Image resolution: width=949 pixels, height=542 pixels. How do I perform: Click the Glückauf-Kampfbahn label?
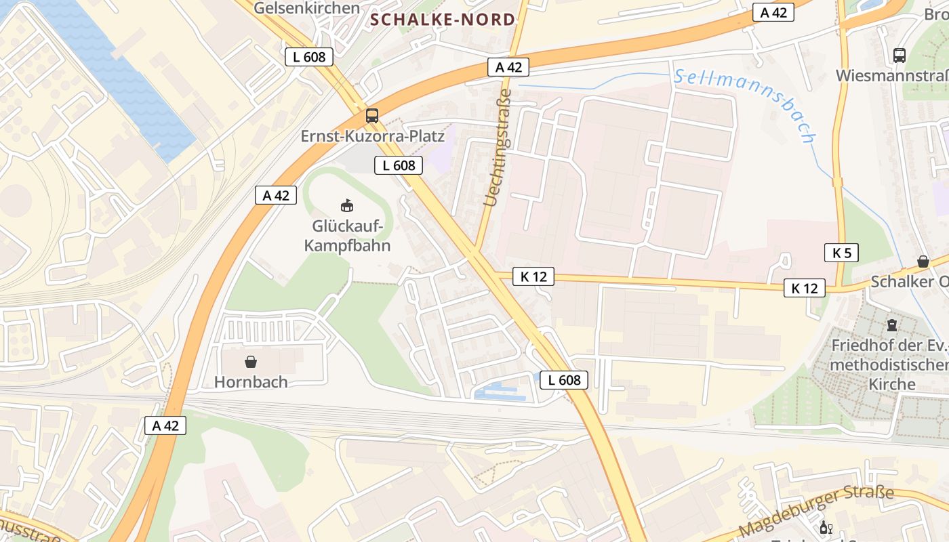tap(347, 235)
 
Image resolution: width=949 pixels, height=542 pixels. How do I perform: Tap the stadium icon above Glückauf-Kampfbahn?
tap(347, 205)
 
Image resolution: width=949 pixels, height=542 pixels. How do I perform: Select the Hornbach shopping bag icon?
tap(251, 362)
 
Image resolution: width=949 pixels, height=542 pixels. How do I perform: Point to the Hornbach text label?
tap(251, 381)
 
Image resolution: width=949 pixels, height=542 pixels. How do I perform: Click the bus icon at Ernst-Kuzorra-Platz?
tap(372, 115)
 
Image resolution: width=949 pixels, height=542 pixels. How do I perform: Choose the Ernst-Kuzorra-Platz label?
tap(372, 136)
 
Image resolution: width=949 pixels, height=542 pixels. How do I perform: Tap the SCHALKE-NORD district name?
tap(443, 20)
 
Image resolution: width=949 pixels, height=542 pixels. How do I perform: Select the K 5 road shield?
tap(841, 253)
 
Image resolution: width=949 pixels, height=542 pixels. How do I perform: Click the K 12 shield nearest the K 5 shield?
tap(805, 288)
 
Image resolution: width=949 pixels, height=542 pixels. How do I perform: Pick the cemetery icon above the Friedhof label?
tap(891, 326)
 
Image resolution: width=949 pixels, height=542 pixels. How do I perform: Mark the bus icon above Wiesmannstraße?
tap(900, 56)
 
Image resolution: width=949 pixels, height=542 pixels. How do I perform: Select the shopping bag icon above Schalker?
tap(923, 261)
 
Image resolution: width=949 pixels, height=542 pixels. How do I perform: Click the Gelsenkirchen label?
tap(306, 8)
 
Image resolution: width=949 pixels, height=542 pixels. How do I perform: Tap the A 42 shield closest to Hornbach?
tap(165, 425)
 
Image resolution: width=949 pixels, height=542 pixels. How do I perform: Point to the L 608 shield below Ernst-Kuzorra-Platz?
tap(399, 165)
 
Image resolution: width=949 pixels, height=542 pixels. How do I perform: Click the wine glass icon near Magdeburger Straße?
tap(826, 528)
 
